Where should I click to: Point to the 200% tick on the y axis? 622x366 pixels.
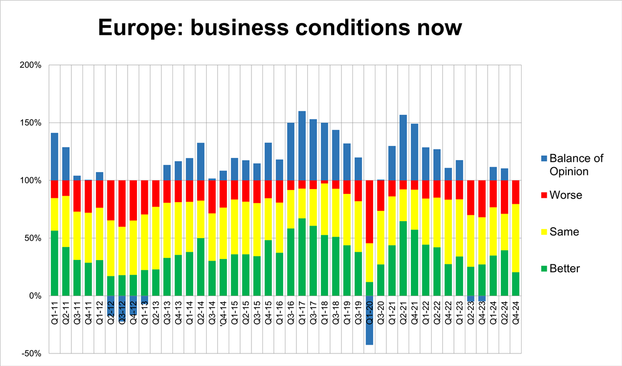click(31, 65)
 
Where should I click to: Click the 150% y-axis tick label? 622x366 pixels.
click(31, 123)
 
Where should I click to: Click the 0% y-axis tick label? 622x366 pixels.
click(34, 296)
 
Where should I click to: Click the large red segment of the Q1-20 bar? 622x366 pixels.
click(369, 212)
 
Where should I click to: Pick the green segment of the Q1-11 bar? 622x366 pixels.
click(55, 263)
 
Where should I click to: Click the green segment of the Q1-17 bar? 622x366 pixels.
click(302, 257)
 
